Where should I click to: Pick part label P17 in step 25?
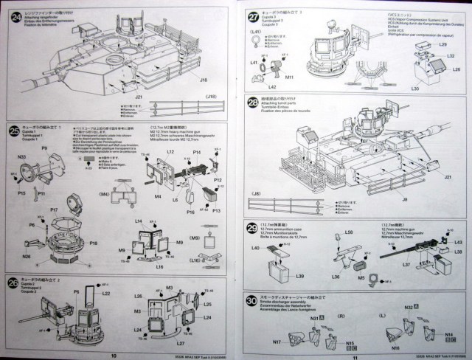[x=54, y=210]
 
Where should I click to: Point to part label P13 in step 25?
[x=216, y=210]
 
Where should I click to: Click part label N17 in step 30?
[x=277, y=342]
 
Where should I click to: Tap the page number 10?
[x=113, y=354]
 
